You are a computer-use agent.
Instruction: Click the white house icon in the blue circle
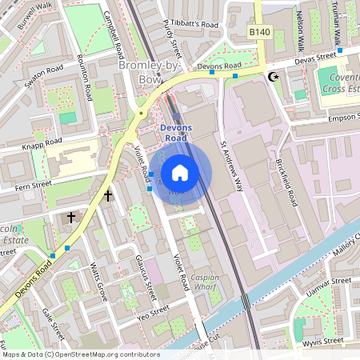tap(180, 173)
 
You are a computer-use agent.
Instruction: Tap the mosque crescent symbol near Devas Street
tap(274, 77)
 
